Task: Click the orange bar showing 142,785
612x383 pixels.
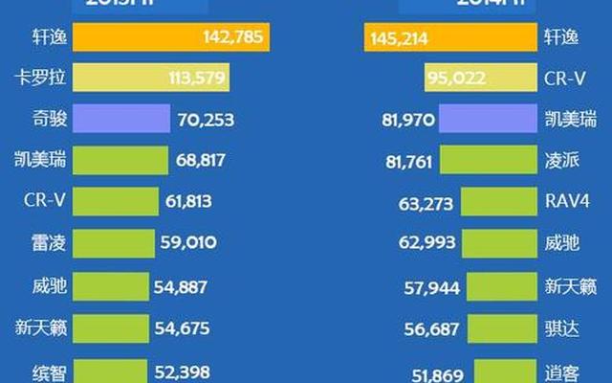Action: (x=172, y=38)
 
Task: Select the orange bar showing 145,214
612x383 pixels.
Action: (x=450, y=38)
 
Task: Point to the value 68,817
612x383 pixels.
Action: (x=206, y=161)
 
